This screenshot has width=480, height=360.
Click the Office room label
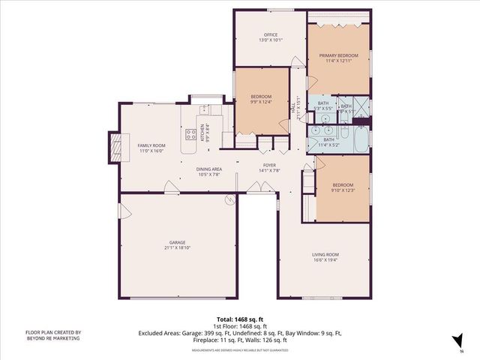pos(271,37)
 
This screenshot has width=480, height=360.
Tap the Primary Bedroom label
pos(338,59)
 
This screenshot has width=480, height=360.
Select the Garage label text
pos(177,246)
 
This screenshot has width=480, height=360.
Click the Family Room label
pos(150,148)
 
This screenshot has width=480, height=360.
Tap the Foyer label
pos(270,167)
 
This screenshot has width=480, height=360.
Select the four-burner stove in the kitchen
pos(190,135)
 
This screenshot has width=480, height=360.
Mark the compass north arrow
pos(457,342)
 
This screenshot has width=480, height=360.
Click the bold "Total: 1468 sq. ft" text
pos(239,317)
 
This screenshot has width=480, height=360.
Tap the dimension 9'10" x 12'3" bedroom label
pos(342,187)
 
